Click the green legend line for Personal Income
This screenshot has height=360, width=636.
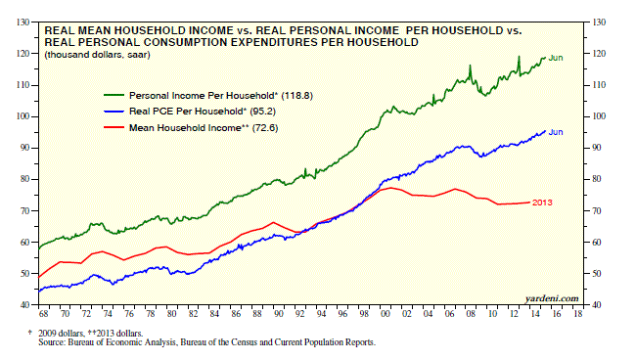click(x=114, y=95)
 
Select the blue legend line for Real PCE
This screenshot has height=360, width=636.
click(x=114, y=111)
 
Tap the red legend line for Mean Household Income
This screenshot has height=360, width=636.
click(x=114, y=127)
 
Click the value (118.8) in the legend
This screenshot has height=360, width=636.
click(x=296, y=96)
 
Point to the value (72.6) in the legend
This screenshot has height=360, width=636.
click(x=265, y=128)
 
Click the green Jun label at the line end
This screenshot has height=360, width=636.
click(x=556, y=58)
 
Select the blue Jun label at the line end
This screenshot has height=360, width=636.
click(x=556, y=132)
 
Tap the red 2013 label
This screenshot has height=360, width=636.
click(x=542, y=202)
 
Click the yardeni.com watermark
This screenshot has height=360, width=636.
click(x=552, y=298)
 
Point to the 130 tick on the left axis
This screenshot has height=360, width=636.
click(x=23, y=22)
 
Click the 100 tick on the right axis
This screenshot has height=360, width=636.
click(x=599, y=116)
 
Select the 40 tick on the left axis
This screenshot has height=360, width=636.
click(x=25, y=305)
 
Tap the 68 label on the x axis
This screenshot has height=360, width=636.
click(x=43, y=314)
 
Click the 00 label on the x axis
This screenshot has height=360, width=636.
click(x=386, y=314)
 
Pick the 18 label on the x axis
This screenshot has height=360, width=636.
click(x=577, y=314)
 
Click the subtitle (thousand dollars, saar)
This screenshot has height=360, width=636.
click(x=97, y=55)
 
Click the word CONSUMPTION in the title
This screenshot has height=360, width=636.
click(x=189, y=42)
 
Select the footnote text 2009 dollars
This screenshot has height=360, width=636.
click(x=61, y=334)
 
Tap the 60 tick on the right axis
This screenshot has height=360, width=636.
click(x=597, y=243)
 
